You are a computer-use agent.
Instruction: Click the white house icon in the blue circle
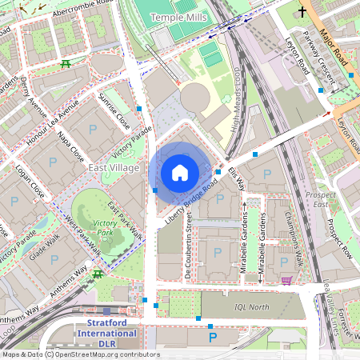(x=180, y=172)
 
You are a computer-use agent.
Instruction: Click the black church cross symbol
(x=302, y=11)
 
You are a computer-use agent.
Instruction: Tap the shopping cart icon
(x=286, y=280)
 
